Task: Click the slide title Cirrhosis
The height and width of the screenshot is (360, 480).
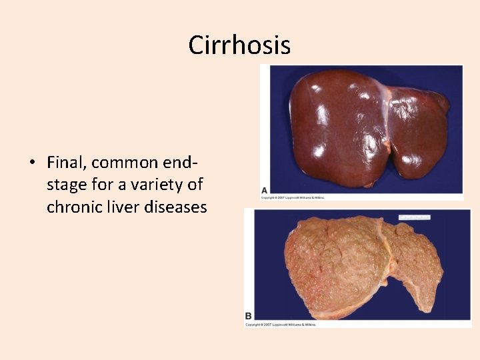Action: click(x=239, y=45)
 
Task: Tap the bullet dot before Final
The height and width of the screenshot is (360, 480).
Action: click(x=31, y=163)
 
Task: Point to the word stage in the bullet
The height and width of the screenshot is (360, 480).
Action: click(x=67, y=185)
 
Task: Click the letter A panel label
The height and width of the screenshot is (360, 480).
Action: click(x=265, y=191)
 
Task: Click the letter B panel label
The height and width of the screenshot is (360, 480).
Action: click(x=249, y=315)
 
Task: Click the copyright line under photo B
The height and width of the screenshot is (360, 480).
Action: click(x=280, y=325)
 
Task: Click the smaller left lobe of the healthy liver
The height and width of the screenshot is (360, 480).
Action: click(x=420, y=133)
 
